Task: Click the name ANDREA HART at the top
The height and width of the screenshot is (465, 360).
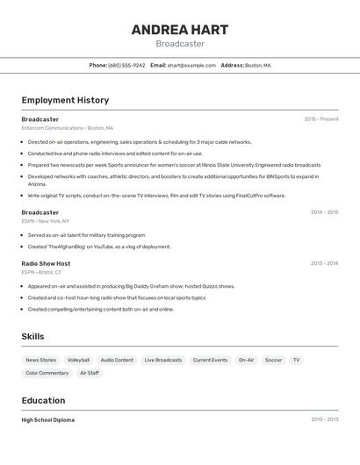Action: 180,30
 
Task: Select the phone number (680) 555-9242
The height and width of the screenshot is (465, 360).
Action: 127,66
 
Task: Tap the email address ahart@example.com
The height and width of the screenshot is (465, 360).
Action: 191,66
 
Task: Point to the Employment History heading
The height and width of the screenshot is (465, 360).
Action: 65,100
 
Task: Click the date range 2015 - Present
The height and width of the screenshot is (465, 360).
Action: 321,119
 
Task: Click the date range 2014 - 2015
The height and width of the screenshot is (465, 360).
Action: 324,212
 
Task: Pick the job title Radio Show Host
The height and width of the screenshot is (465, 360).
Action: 46,263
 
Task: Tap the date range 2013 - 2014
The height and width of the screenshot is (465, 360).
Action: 324,263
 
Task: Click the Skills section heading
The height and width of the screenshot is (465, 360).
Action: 32,337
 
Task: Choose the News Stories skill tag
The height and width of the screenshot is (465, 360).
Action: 40,360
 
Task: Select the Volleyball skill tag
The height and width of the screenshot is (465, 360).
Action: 78,360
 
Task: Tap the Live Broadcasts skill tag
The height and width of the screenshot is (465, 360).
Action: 163,360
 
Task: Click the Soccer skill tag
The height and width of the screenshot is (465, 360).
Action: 273,360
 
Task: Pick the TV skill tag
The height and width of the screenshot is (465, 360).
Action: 297,360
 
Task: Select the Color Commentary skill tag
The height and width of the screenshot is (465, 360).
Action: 47,373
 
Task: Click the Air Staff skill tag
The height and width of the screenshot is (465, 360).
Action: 90,373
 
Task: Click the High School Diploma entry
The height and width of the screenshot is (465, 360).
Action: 48,420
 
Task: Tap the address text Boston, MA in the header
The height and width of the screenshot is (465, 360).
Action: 257,66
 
